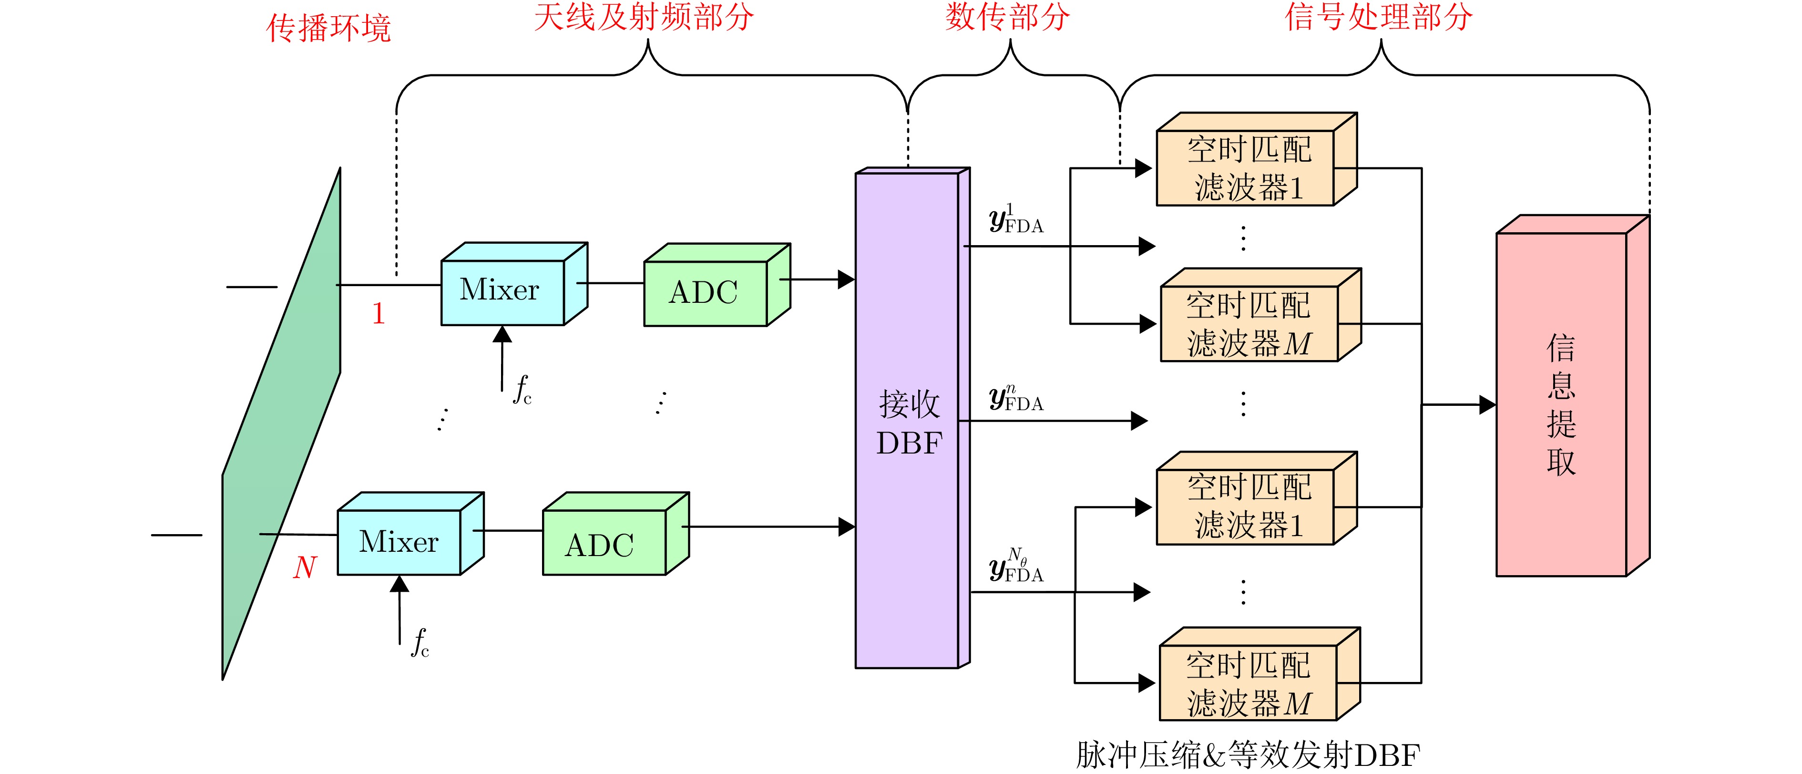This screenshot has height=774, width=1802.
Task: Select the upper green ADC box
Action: [705, 292]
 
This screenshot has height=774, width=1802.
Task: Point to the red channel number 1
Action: [379, 313]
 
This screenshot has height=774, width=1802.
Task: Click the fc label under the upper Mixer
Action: [522, 391]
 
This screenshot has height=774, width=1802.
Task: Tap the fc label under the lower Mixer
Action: [420, 642]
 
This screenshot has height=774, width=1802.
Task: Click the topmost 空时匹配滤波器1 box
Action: [1247, 168]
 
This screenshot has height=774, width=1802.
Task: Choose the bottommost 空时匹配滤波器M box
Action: [1249, 683]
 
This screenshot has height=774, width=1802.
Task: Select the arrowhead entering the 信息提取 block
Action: [1487, 404]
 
